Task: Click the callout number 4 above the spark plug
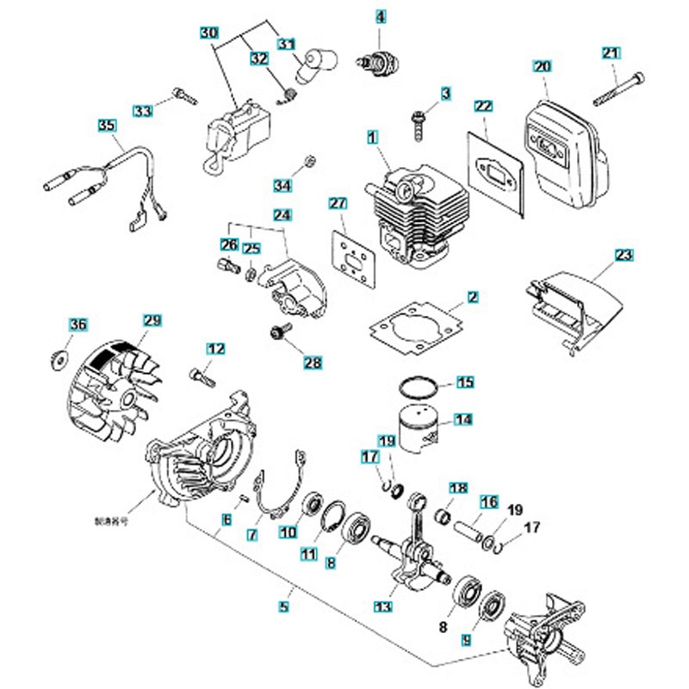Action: click(381, 16)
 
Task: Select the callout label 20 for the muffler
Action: click(542, 66)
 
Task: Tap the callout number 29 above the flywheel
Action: click(152, 321)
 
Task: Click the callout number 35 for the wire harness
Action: click(106, 126)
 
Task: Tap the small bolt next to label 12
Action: click(202, 375)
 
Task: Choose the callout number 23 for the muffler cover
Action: click(624, 255)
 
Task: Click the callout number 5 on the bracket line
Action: click(283, 606)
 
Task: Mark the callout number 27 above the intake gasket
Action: click(338, 204)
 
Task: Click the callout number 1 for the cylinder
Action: click(372, 137)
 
